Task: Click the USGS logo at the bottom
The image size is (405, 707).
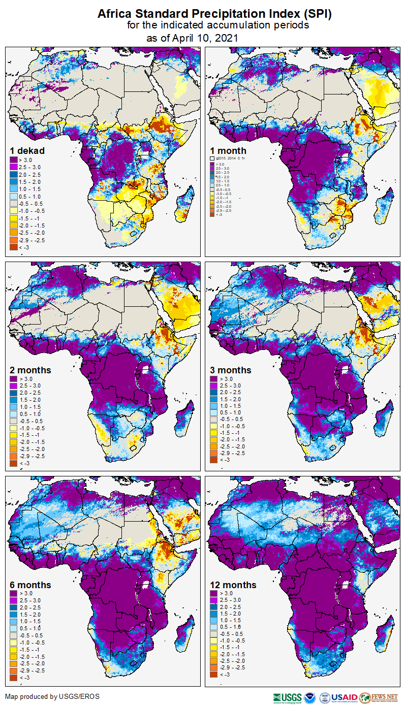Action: (x=287, y=697)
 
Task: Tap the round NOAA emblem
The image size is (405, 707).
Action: (x=309, y=697)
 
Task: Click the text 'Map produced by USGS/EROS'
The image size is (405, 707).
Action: (x=52, y=696)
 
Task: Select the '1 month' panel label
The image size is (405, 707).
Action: (x=228, y=151)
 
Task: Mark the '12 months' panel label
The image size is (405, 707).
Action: (x=233, y=585)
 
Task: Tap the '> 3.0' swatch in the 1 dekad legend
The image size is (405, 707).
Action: (x=14, y=160)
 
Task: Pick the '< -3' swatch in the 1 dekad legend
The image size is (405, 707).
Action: (x=14, y=247)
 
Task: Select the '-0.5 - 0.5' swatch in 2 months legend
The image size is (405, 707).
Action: (x=14, y=421)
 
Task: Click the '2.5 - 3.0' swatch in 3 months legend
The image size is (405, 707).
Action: (x=214, y=386)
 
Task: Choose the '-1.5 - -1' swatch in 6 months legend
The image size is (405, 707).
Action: (x=14, y=650)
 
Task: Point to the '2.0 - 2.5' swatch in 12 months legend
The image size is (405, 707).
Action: (x=214, y=607)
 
